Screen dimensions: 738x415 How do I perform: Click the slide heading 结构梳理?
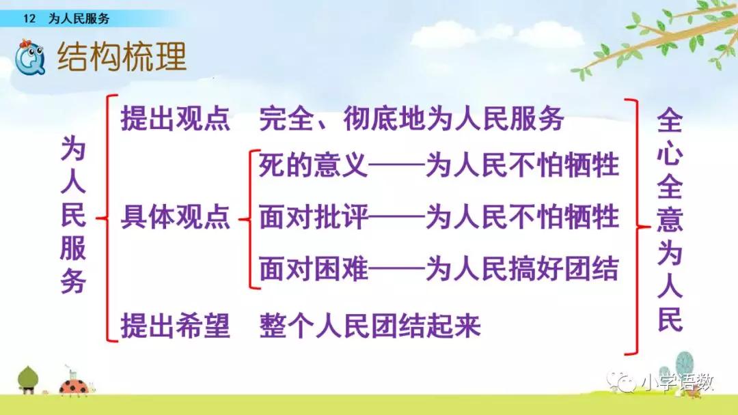122,57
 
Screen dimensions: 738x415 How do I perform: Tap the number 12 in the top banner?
29,18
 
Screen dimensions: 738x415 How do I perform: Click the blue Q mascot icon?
29,57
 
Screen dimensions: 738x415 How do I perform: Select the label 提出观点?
175,118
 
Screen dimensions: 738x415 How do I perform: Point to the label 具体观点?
175,216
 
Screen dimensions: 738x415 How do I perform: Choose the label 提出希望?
175,325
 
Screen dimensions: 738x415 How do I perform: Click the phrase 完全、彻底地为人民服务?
411,118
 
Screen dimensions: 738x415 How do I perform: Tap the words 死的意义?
313,165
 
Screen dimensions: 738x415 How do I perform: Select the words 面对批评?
313,216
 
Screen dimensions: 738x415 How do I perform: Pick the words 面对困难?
313,268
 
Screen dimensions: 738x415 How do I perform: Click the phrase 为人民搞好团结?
522,268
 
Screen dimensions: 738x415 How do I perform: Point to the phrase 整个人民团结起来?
370,325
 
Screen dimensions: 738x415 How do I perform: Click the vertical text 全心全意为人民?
670,220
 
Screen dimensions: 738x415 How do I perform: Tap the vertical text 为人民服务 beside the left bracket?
73,214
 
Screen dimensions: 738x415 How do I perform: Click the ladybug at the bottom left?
75,386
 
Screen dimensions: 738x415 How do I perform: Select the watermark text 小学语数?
678,383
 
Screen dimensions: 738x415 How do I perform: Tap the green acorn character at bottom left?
28,380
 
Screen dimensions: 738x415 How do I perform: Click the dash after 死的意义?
396,165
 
